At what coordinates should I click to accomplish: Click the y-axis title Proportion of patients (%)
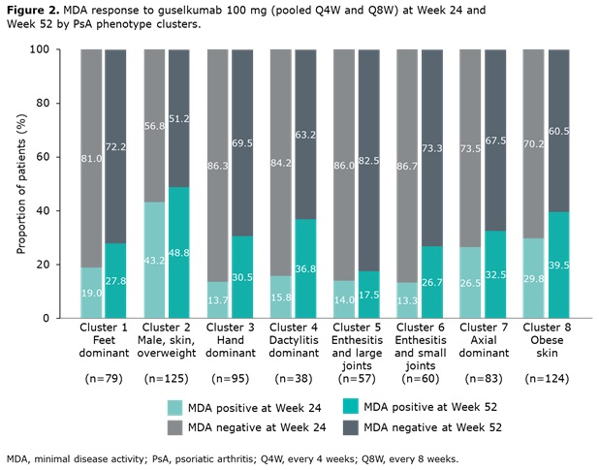click(20, 183)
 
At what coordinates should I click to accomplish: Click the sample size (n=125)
click(167, 378)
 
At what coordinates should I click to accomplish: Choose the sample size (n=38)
click(293, 378)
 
